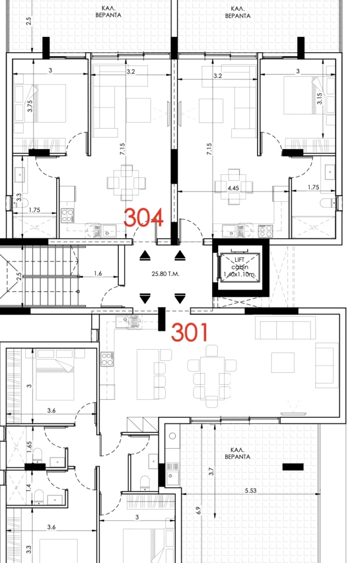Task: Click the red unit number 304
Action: (x=143, y=217)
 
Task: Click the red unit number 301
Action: (x=190, y=332)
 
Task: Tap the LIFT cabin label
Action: (x=240, y=267)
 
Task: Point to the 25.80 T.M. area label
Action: (x=165, y=274)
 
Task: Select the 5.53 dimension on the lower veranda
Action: (x=251, y=490)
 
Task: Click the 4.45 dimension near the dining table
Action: (x=233, y=188)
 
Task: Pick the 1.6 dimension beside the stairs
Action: (x=98, y=274)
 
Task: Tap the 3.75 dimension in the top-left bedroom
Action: (x=30, y=106)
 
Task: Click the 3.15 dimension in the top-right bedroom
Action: (x=319, y=99)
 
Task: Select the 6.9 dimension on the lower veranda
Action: (x=198, y=510)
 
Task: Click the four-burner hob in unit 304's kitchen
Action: (x=67, y=216)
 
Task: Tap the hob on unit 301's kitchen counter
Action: (x=107, y=359)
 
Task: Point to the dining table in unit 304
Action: (x=126, y=183)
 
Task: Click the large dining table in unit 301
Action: (x=212, y=376)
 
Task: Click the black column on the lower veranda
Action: (x=293, y=467)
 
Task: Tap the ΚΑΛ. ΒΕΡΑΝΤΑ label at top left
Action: (x=108, y=12)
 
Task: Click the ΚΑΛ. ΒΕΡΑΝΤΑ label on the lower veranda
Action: (x=237, y=453)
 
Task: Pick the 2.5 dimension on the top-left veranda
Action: (x=29, y=21)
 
